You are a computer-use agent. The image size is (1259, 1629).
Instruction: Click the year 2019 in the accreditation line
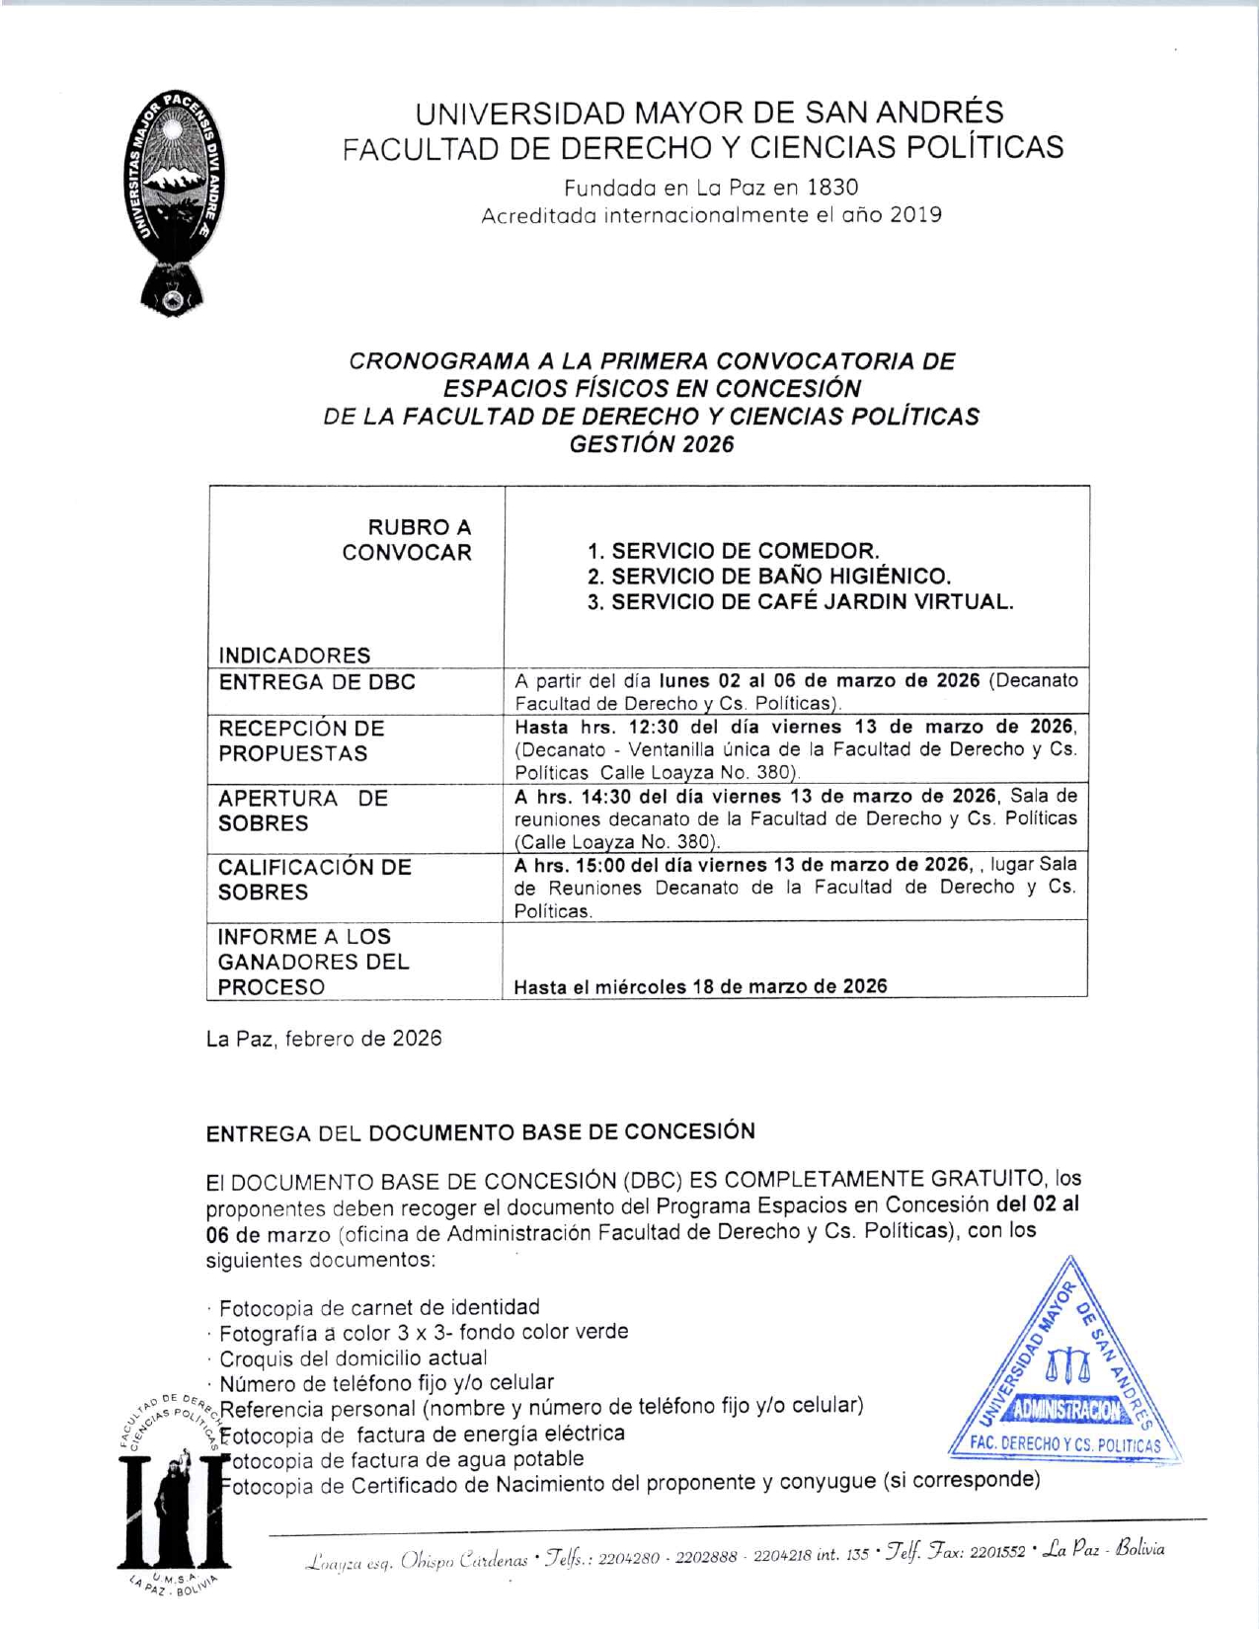(915, 214)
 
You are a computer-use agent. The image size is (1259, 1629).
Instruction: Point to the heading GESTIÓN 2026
(652, 444)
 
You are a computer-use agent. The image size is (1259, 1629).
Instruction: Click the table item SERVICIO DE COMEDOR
(733, 551)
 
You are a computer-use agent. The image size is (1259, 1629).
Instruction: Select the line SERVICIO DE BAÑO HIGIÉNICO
(768, 577)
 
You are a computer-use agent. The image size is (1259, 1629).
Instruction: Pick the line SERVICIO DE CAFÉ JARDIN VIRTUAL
(800, 602)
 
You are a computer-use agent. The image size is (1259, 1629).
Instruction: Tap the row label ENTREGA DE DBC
(317, 682)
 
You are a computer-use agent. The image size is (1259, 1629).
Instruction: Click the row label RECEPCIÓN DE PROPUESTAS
(301, 740)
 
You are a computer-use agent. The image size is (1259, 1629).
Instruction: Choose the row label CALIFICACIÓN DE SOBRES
(314, 879)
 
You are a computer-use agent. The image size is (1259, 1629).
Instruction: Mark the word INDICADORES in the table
(294, 656)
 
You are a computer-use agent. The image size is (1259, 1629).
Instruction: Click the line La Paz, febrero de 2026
(324, 1039)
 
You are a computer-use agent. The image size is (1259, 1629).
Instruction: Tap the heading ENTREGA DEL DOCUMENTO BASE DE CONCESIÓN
(480, 1132)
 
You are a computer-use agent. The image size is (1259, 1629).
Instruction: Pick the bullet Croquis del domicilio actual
(353, 1357)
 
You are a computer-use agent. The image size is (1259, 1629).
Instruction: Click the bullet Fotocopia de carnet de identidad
(379, 1307)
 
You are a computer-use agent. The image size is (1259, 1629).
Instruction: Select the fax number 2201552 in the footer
(998, 1552)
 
